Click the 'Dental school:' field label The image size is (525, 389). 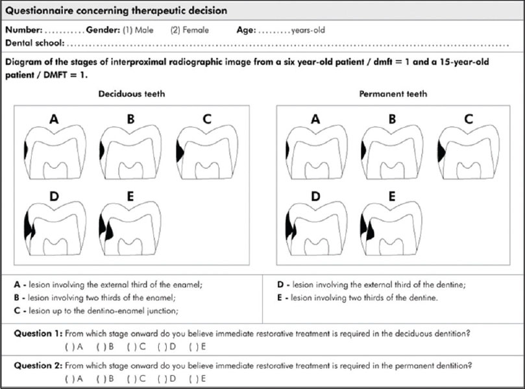(x=34, y=44)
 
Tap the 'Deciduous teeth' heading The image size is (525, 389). (x=132, y=94)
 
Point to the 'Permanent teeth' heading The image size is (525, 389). (x=393, y=94)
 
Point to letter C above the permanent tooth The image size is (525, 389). (x=468, y=119)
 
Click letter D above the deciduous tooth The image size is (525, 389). (x=53, y=196)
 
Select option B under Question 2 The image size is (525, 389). (x=103, y=378)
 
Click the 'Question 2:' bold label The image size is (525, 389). (x=37, y=366)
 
